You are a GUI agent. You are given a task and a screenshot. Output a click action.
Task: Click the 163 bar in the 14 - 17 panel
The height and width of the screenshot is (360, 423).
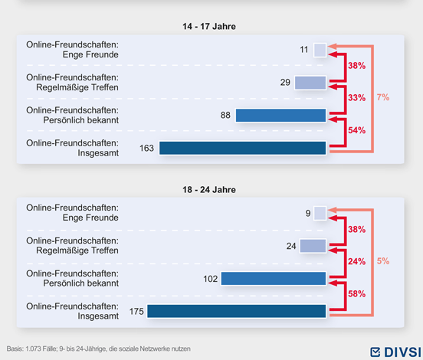tap(243, 148)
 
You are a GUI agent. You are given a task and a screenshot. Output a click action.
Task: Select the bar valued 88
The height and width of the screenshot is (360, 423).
tap(281, 116)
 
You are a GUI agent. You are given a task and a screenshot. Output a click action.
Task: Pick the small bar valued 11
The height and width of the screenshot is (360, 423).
tap(320, 50)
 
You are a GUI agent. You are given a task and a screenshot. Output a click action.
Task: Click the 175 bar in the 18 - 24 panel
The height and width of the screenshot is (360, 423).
tap(238, 311)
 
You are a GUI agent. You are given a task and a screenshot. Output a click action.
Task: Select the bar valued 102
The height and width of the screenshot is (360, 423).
tap(274, 279)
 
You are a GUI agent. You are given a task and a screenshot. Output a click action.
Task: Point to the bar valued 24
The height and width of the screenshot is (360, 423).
tap(313, 246)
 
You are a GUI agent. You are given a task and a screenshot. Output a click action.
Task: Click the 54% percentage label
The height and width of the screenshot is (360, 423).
tap(356, 131)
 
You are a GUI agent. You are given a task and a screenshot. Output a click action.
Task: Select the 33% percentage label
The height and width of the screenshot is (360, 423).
tap(356, 99)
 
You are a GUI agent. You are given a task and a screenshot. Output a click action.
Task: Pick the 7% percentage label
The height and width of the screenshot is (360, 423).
tap(383, 98)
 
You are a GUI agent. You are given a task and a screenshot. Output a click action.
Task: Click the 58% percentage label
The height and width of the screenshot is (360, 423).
tap(356, 294)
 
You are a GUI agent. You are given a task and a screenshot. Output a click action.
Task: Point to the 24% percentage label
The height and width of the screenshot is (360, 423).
tap(356, 262)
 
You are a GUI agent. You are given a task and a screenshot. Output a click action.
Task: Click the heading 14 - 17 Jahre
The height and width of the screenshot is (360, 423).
tap(210, 26)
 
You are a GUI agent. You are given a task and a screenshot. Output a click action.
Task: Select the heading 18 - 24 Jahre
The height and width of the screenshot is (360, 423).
tap(210, 189)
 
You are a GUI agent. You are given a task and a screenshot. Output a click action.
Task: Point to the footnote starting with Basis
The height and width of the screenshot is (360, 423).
tap(99, 349)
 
